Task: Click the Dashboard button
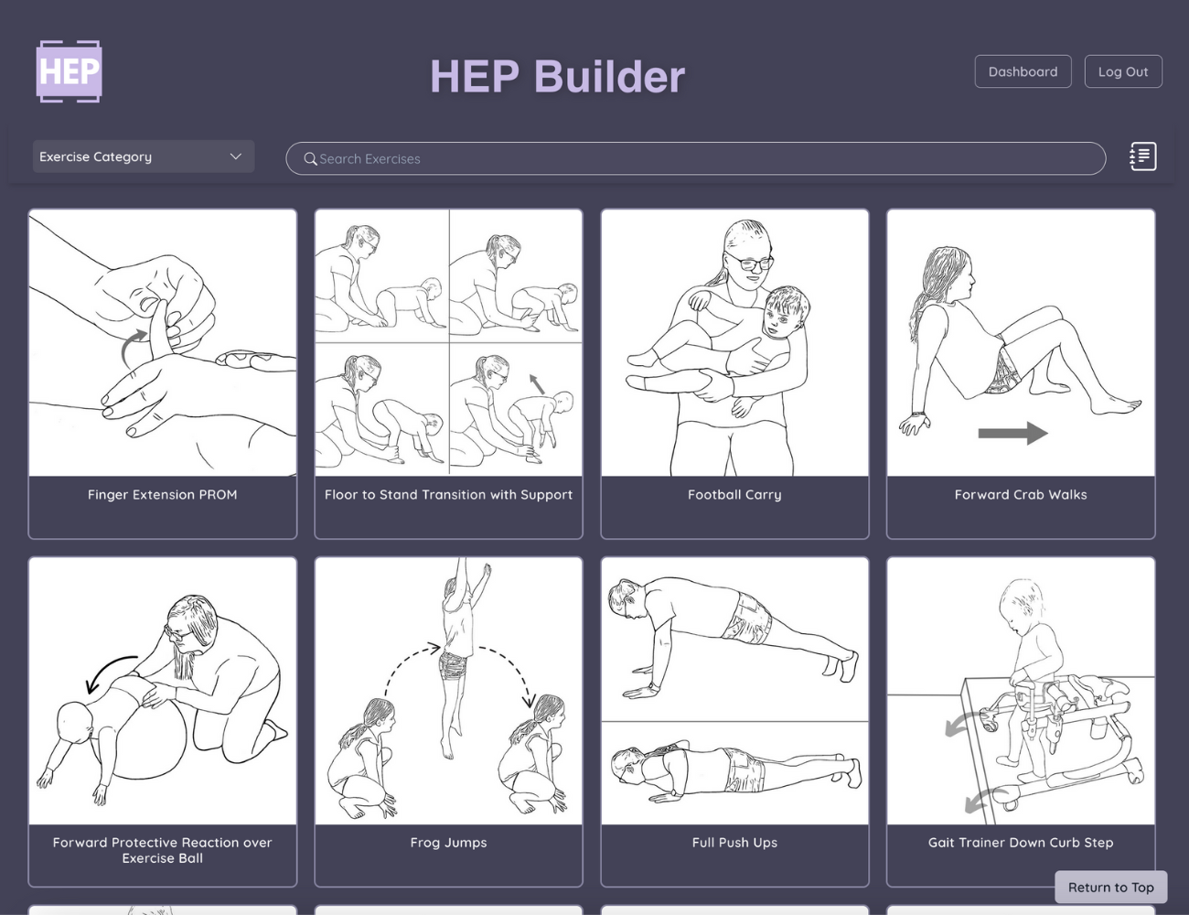coord(1023,71)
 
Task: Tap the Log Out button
coord(1123,71)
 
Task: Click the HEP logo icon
coord(69,71)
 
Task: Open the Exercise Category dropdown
coord(144,156)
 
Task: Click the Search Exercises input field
coord(695,158)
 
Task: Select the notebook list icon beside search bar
coord(1143,156)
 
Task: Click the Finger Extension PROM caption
coord(163,495)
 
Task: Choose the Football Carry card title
coord(734,495)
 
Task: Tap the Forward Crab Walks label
coord(1021,495)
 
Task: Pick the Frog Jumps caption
coord(448,843)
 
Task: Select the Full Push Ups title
coord(734,843)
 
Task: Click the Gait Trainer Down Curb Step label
coord(1021,843)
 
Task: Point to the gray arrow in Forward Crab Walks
coord(1012,434)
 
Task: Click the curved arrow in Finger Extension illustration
coord(130,346)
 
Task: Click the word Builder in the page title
coord(609,77)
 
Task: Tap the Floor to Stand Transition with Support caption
coord(448,495)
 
